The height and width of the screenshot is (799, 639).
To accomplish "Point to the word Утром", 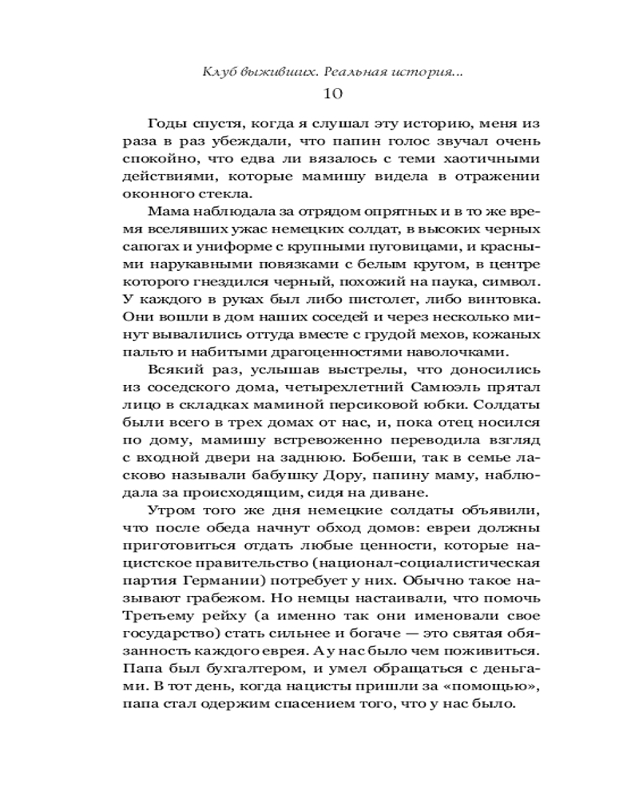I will [x=170, y=511].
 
